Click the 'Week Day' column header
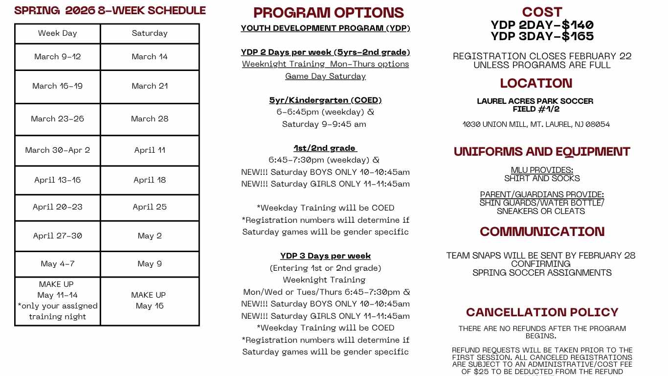58,33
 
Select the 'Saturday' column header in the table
150,33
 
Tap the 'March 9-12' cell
58,57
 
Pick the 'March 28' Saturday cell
150,119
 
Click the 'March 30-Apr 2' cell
58,150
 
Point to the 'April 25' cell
150,207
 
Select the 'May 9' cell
150,264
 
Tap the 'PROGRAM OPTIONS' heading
329,13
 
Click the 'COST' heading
542,12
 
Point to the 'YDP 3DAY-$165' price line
542,36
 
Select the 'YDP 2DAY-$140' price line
542,25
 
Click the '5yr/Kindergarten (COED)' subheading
325,100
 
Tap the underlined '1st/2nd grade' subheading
325,148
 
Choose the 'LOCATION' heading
536,83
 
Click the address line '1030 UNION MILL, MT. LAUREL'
536,124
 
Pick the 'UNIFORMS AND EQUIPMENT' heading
542,152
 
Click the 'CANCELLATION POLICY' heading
542,312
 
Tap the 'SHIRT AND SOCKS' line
542,179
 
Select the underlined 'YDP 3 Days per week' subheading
325,256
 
